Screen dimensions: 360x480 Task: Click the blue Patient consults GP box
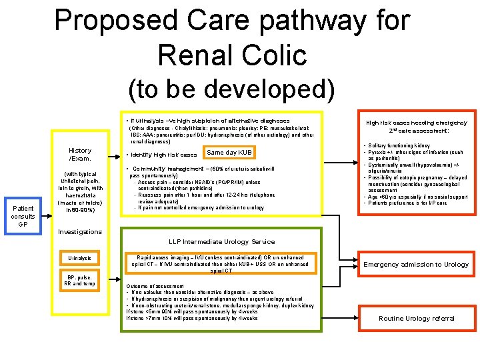(x=22, y=215)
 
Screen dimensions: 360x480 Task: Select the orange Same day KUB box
(x=229, y=153)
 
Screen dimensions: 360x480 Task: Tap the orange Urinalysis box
(x=79, y=258)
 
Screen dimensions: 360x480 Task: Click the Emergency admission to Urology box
(x=415, y=264)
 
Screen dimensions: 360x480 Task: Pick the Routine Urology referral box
(x=416, y=319)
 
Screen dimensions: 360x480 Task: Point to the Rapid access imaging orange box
(x=221, y=264)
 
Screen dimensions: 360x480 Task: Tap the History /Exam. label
(x=79, y=155)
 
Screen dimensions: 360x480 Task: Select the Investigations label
(x=80, y=232)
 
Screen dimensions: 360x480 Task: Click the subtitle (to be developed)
(x=231, y=87)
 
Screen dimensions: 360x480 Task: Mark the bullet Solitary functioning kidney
(x=399, y=145)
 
